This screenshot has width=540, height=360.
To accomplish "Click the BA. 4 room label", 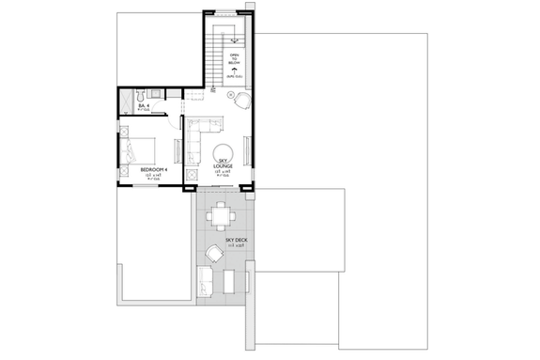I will [x=143, y=106].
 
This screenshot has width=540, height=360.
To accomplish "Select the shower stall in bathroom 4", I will [x=126, y=102].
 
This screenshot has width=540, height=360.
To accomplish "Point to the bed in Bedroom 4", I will [x=135, y=150].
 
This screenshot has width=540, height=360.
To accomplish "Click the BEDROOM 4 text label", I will [x=153, y=170].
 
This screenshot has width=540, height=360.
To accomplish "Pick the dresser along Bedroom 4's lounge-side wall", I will [x=179, y=146].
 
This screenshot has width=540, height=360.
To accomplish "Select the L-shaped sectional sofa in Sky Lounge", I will [x=198, y=137].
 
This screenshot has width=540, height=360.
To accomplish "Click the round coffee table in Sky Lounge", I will [x=224, y=154].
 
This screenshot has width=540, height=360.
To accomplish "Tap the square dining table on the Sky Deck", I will [x=223, y=216].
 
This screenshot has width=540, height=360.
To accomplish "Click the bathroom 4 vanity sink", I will [x=158, y=96].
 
